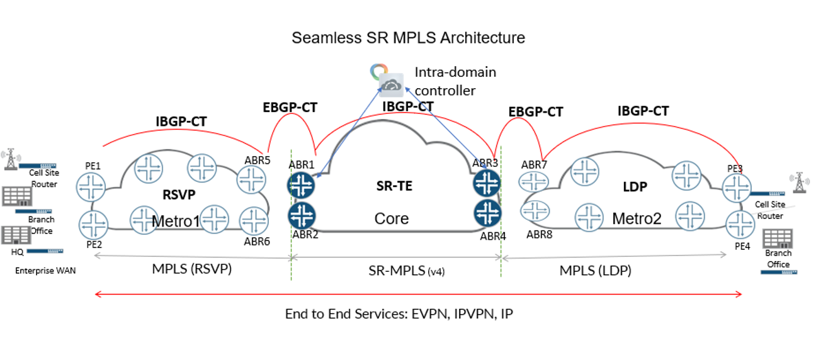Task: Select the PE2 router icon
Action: click(x=94, y=223)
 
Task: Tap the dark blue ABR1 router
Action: click(x=302, y=184)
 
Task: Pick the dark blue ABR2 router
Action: click(x=302, y=215)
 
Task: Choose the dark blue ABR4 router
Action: click(x=487, y=213)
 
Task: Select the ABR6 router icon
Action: click(x=255, y=221)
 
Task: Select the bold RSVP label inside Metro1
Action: click(x=174, y=196)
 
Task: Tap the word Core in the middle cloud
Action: click(x=392, y=218)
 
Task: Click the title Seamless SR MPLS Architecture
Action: click(x=408, y=38)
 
